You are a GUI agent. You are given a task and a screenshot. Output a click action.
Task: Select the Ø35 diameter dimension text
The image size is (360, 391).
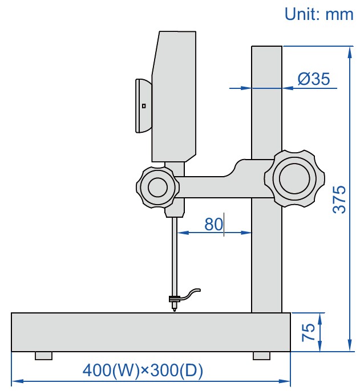click(313, 79)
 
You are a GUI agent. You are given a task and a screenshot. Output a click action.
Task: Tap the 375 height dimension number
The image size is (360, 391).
click(339, 199)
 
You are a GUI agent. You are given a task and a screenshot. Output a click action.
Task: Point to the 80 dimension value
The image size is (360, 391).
click(213, 225)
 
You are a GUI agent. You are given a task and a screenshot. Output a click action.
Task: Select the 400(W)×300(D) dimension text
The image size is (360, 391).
click(143, 370)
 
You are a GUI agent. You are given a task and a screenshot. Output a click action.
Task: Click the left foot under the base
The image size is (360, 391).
click(43, 356)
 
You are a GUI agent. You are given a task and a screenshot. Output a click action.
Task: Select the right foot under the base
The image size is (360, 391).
click(261, 356)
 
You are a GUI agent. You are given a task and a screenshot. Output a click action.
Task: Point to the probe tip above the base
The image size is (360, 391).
click(174, 308)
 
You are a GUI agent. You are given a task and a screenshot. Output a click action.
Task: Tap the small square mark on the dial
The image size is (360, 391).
click(144, 105)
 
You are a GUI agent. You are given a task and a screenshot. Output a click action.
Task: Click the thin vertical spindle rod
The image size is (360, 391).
click(175, 256)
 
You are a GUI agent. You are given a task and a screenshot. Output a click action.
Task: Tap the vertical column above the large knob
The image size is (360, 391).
click(266, 103)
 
